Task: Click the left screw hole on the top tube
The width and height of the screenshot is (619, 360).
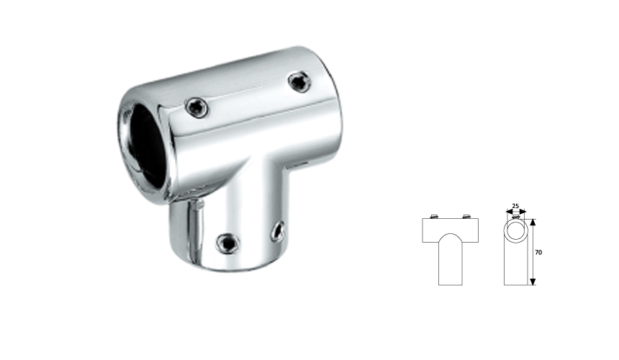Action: click(x=195, y=107)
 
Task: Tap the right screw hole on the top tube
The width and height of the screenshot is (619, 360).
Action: click(x=297, y=81)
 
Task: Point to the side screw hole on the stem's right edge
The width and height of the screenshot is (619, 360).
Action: click(x=277, y=230)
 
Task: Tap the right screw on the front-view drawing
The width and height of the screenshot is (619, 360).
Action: click(x=467, y=216)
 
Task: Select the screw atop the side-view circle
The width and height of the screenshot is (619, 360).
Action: click(x=515, y=217)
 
